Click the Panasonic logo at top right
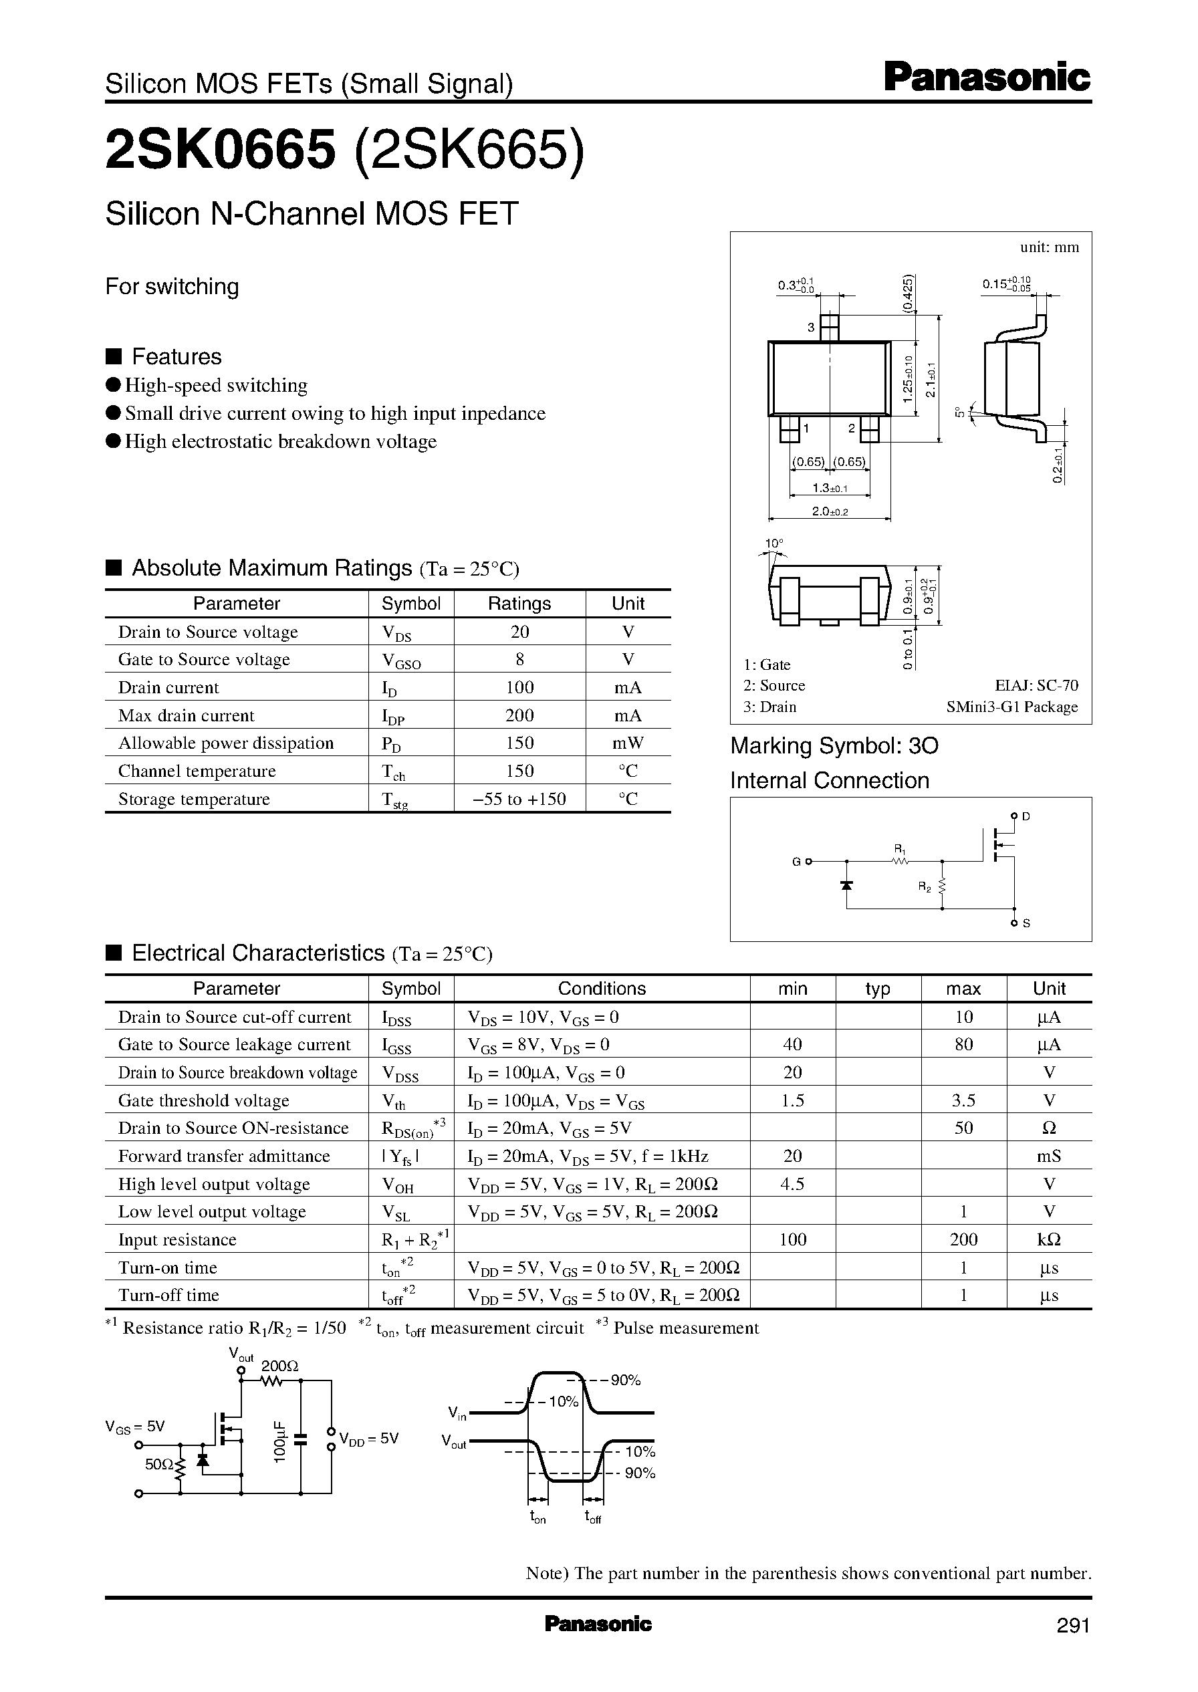986,78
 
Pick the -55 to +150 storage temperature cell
519,800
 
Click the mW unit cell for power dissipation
628,743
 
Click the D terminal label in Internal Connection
1026,816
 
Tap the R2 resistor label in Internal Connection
925,887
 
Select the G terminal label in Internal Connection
796,862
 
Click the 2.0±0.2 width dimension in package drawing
830,511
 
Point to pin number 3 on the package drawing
811,328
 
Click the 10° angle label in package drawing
773,543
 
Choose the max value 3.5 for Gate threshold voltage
963,1101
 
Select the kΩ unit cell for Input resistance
1048,1240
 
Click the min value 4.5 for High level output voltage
792,1185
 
